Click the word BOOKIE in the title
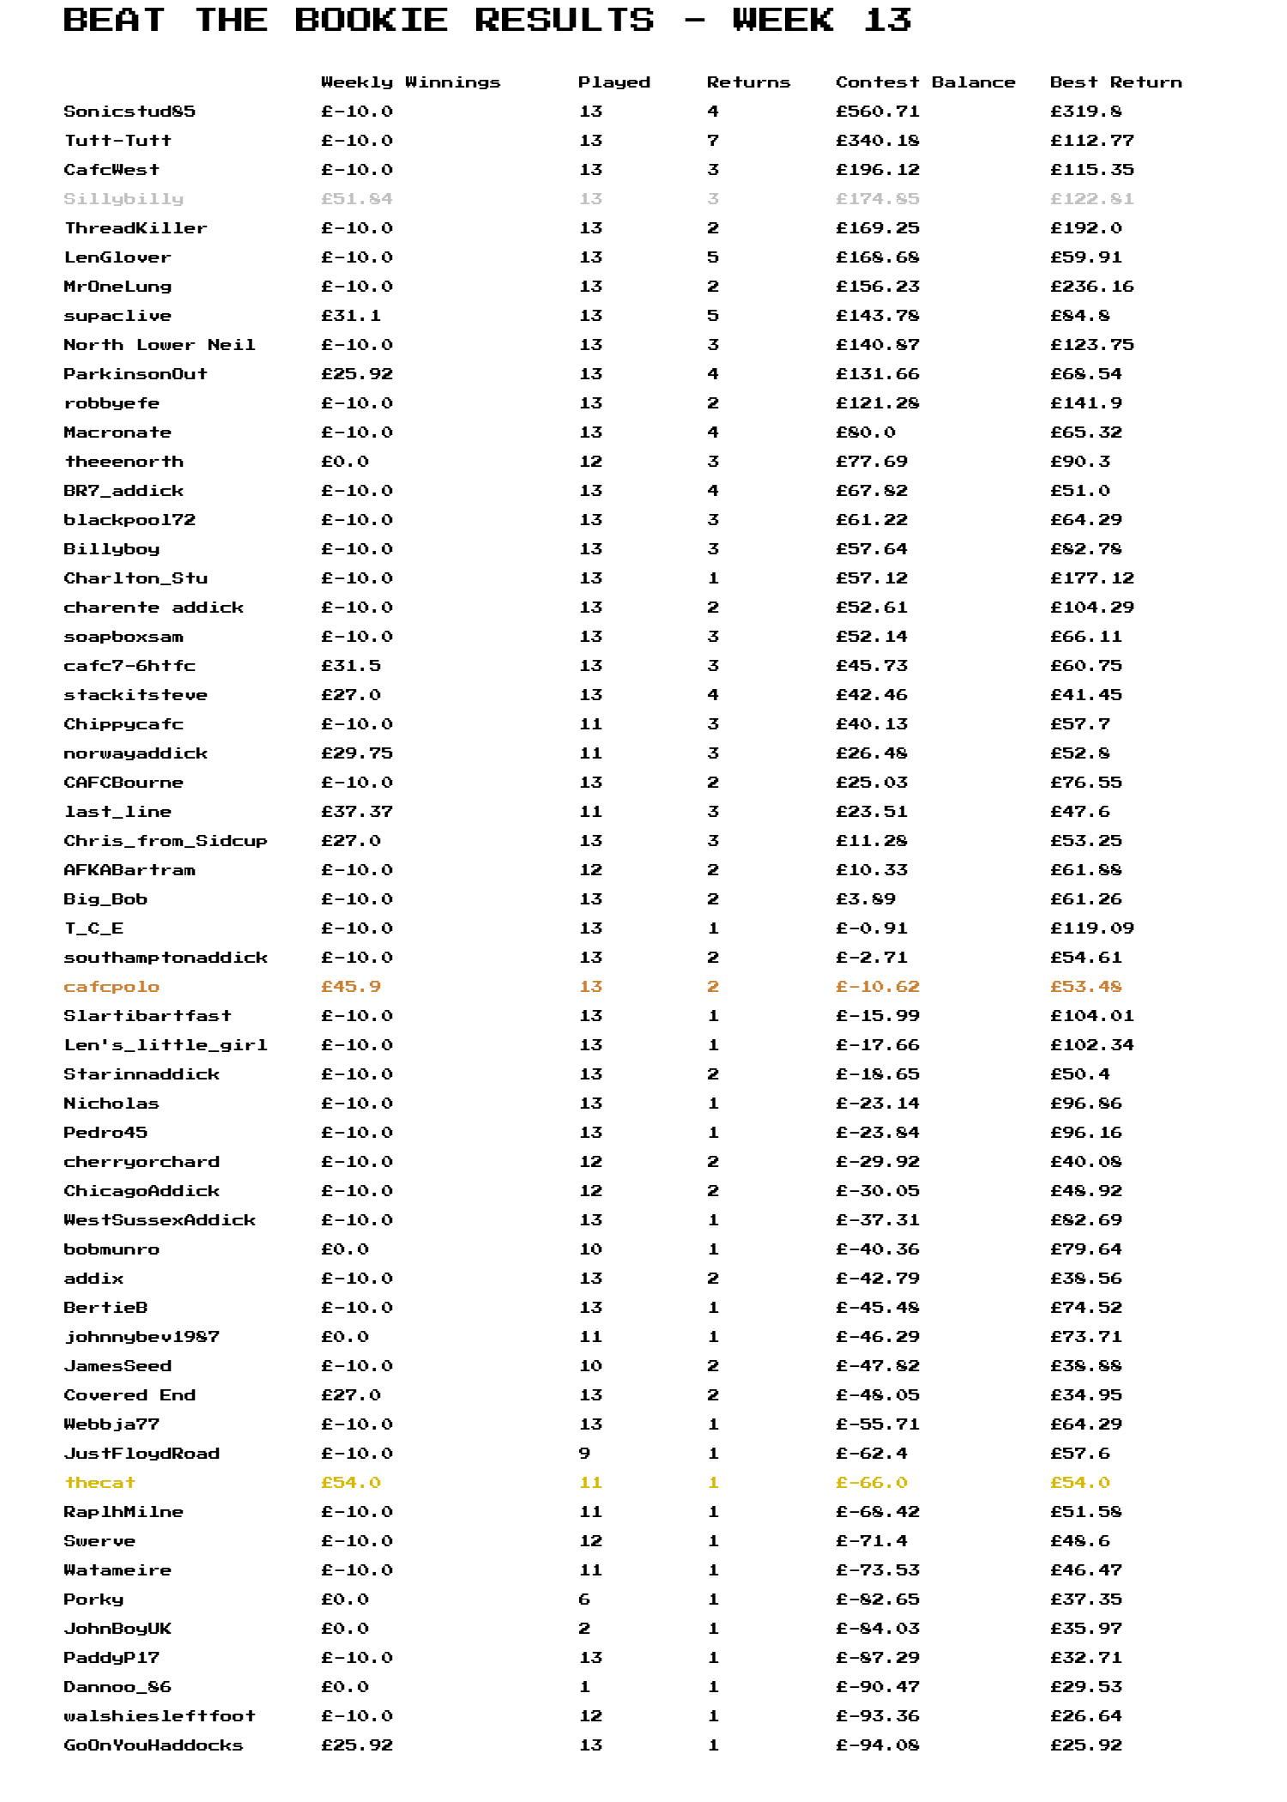[371, 20]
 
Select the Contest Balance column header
[925, 82]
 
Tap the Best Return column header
[1115, 82]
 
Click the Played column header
[613, 82]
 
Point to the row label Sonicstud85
[130, 112]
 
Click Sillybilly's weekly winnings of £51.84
[357, 199]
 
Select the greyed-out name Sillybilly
[124, 199]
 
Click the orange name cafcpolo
[112, 987]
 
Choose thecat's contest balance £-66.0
[872, 1483]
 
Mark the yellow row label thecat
[100, 1483]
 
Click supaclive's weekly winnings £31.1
[351, 316]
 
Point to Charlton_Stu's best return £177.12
[1091, 578]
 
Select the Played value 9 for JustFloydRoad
[584, 1454]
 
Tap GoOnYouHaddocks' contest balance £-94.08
[878, 1745]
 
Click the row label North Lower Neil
[160, 345]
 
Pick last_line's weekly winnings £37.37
[357, 812]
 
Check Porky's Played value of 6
[584, 1599]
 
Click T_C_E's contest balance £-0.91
[872, 928]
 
